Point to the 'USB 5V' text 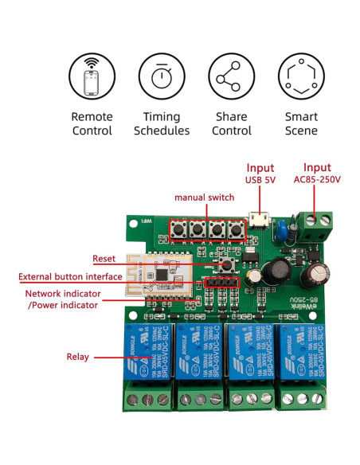coord(260,180)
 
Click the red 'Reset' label coord(104,259)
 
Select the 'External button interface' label coord(71,276)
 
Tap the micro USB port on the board coord(257,218)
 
